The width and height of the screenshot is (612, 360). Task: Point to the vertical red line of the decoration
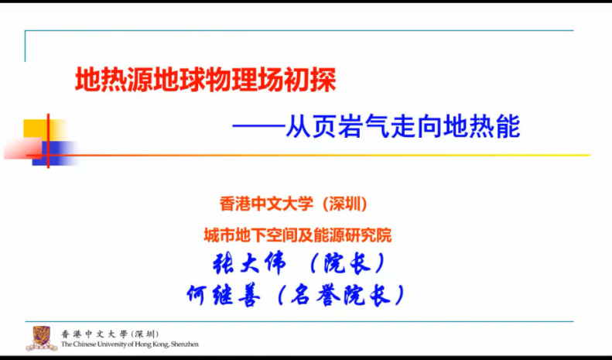coord(48,139)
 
